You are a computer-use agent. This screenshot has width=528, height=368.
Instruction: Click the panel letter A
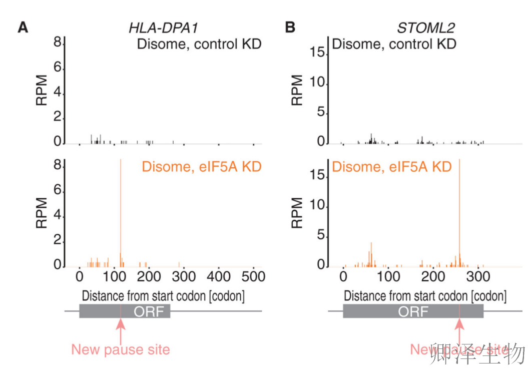pyautogui.click(x=23, y=27)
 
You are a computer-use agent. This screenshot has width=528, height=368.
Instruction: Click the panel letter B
pyautogui.click(x=290, y=27)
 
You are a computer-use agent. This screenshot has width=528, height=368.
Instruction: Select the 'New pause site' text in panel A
pyautogui.click(x=121, y=349)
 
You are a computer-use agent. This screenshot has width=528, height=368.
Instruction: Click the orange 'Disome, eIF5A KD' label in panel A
pyautogui.click(x=202, y=167)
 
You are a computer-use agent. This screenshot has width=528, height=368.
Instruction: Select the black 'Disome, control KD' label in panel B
pyautogui.click(x=394, y=44)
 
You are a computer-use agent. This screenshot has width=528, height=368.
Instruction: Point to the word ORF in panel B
pyautogui.click(x=413, y=311)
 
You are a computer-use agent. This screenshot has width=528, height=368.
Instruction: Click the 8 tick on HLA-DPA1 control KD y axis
pyautogui.click(x=58, y=44)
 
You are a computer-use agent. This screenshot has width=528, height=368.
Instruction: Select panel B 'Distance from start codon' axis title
pyautogui.click(x=425, y=296)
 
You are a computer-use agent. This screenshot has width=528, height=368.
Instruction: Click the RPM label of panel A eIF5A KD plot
pyautogui.click(x=42, y=213)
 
